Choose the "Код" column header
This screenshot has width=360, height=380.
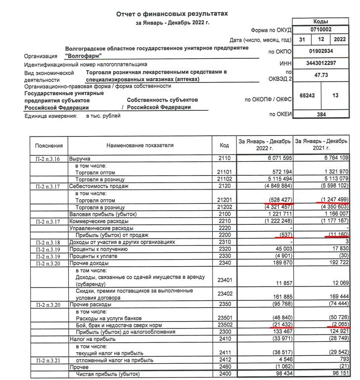click(224, 145)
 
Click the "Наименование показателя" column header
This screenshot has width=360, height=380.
click(140, 145)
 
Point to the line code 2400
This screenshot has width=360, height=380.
click(224, 375)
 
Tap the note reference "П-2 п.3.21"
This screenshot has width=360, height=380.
click(48, 360)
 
